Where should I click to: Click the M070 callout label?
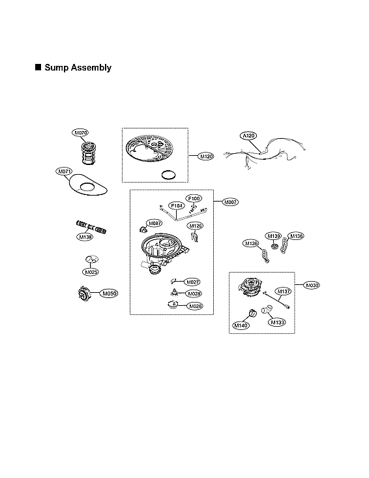(x=81, y=133)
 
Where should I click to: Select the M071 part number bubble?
(x=64, y=172)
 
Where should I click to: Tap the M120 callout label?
(x=207, y=157)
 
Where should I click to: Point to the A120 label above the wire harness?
(x=248, y=136)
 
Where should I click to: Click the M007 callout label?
(x=231, y=203)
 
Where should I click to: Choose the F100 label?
(x=194, y=198)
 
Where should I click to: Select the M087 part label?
(x=155, y=223)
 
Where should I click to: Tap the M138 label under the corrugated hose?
(x=85, y=237)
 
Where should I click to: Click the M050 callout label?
(x=110, y=294)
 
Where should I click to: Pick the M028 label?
(x=194, y=293)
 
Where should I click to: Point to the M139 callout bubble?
(x=273, y=235)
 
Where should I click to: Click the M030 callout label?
(x=313, y=286)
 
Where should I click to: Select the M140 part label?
(x=240, y=323)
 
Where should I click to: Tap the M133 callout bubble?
(x=278, y=321)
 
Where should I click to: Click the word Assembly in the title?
(x=91, y=67)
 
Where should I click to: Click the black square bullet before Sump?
(x=37, y=67)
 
